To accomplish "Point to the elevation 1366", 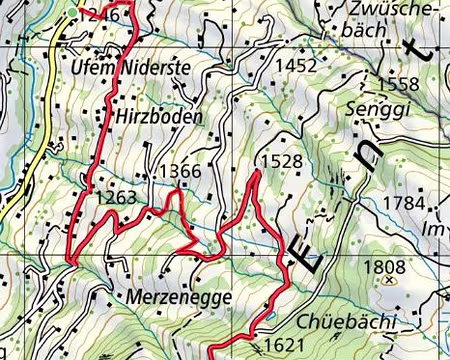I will (x=180, y=172).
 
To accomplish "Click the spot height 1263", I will (x=115, y=198).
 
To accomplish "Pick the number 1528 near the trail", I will (x=280, y=161).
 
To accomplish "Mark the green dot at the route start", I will (x=77, y=12).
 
